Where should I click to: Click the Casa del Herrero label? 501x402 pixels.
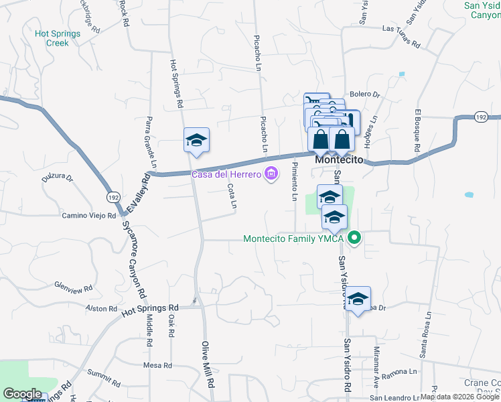(226, 175)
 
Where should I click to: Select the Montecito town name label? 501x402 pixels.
(339, 161)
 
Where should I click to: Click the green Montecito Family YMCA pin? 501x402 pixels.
(356, 238)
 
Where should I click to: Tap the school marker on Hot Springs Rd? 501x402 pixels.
(196, 140)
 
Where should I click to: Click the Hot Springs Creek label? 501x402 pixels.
(58, 38)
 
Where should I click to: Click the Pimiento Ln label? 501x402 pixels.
(294, 181)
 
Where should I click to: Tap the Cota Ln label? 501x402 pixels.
(232, 195)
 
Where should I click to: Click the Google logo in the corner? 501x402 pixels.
(22, 394)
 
